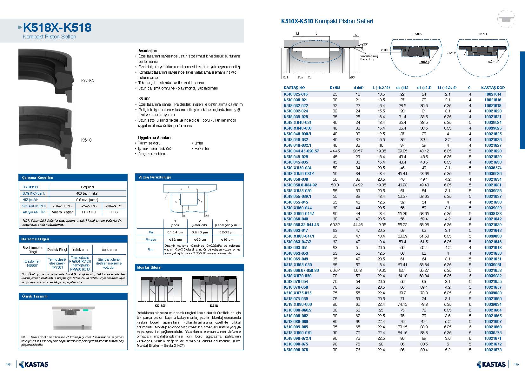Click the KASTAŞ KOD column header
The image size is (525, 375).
tap(493, 88)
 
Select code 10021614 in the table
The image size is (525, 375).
tap(493, 94)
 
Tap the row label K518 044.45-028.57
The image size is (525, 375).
tap(301, 151)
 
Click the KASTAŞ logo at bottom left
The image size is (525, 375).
tap(34, 364)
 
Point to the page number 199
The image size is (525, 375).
tap(516, 364)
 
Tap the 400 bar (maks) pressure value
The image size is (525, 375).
tap(87, 193)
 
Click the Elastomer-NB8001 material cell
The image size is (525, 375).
tap(32, 264)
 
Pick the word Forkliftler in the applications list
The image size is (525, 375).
tap(202, 149)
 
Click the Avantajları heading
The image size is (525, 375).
tap(148, 50)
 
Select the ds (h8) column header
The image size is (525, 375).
tap(402, 88)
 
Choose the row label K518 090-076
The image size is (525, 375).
tap(296, 350)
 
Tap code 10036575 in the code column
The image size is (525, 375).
tap(493, 333)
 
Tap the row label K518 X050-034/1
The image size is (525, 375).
tap(299, 174)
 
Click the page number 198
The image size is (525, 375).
tap(8, 364)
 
